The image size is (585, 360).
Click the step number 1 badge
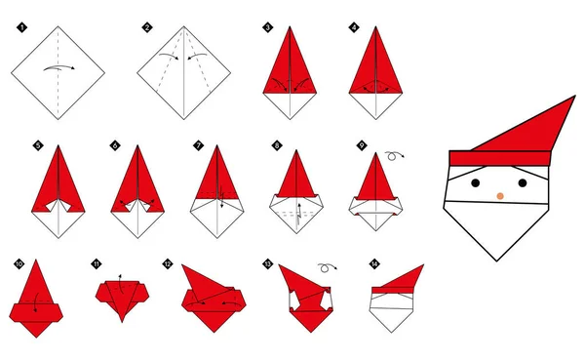click(x=19, y=27)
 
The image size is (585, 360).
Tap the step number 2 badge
click(x=146, y=27)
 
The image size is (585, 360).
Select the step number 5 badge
click(x=37, y=145)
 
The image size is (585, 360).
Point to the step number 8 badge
click(x=277, y=145)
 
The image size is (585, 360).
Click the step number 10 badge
click(x=19, y=263)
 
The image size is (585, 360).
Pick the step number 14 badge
click(x=374, y=263)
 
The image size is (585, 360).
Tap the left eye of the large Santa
click(x=477, y=182)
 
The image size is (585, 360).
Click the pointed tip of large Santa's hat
click(x=573, y=97)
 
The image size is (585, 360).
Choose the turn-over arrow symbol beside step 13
click(x=324, y=265)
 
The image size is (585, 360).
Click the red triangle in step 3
click(x=292, y=63)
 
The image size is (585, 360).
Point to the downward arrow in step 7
click(x=222, y=202)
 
